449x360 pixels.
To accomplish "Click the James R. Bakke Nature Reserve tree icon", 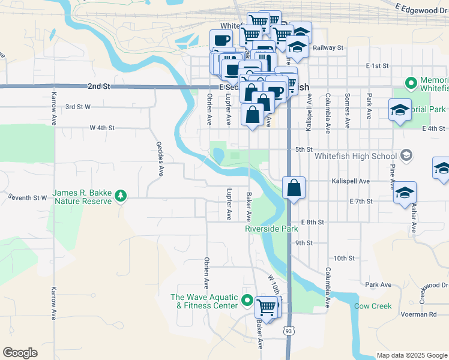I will point(121,196).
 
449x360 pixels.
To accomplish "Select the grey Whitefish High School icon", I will point(406,156).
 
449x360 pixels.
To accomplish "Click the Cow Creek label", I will point(373,306).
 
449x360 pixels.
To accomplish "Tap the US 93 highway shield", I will point(289,330).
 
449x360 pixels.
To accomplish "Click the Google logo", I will point(20,353).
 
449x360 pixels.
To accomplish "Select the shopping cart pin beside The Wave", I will point(266,307).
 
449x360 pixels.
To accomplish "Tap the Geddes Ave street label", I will point(159,159).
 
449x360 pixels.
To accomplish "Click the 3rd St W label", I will point(78,107).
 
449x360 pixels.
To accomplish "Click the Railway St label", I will point(327,47).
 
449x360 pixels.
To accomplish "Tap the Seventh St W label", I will point(27,197).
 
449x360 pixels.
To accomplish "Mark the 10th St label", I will point(345,258).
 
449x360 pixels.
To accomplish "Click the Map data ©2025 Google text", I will point(411,355).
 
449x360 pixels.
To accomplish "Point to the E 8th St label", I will point(313,222).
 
